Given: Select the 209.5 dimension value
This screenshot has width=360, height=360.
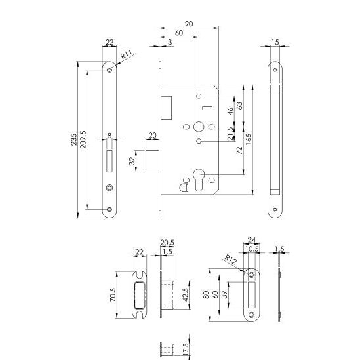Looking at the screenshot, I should tap(83, 140).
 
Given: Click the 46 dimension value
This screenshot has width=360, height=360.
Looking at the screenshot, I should tap(229, 110).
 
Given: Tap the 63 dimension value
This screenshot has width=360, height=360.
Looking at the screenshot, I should tap(239, 105).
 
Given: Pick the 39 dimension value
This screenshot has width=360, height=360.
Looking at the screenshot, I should tap(227, 294).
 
